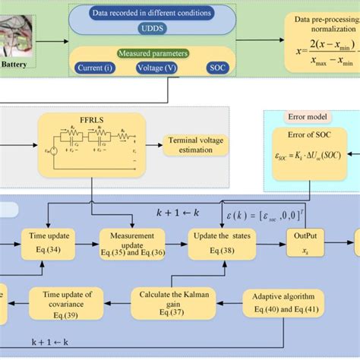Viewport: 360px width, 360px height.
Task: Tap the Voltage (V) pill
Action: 158,67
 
